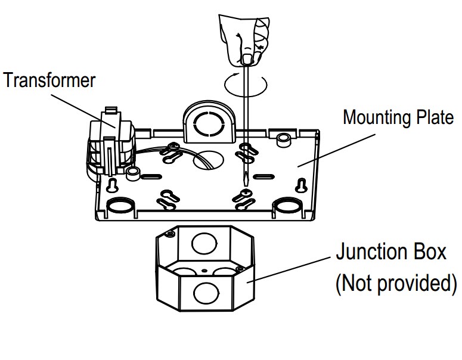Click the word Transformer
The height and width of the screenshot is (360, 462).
(49, 80)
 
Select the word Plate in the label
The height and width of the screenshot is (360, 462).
(435, 117)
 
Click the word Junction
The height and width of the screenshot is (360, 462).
(372, 252)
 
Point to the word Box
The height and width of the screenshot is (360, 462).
(430, 252)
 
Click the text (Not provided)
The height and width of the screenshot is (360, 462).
(396, 283)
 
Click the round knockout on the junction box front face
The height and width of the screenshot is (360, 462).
(206, 293)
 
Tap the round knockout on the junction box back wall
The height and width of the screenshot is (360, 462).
(204, 244)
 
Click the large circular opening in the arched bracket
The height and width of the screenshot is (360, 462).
(209, 125)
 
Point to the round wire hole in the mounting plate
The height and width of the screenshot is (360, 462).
(208, 160)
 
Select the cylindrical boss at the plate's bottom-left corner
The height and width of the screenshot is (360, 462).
(120, 206)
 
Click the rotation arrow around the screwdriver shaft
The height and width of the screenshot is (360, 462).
(246, 85)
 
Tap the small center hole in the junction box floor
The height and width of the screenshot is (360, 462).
(204, 271)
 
